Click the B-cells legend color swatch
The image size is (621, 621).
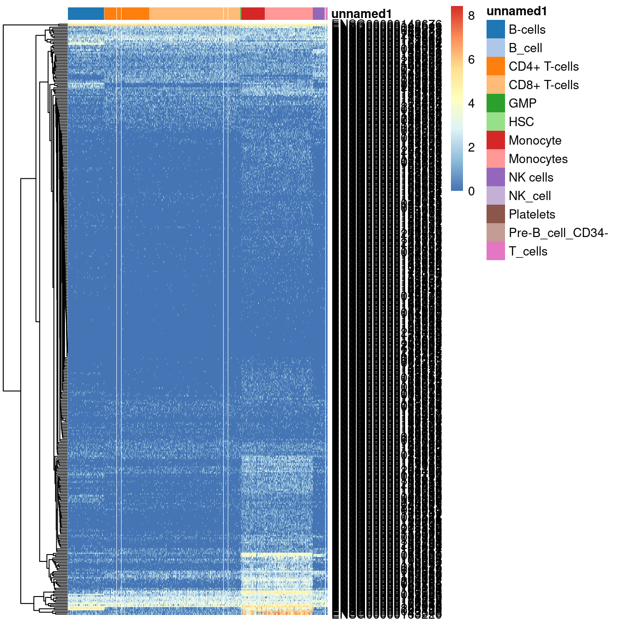495,29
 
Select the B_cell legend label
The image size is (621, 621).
525,48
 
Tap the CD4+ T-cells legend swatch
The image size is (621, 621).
495,66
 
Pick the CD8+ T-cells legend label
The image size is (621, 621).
543,85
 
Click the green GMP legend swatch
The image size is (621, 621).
495,103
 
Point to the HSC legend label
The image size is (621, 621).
521,122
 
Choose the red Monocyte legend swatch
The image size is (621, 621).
495,140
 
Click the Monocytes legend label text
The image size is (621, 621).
538,159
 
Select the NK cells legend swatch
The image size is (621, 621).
495,177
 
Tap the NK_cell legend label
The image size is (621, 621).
530,196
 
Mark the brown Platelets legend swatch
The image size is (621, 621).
495,214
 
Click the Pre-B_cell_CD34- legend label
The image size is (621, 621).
558,233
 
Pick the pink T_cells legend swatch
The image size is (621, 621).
495,251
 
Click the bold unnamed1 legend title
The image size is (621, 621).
517,12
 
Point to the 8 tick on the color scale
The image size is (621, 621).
471,16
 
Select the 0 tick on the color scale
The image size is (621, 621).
471,191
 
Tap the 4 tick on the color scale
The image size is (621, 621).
471,103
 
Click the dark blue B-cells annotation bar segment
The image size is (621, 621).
86,14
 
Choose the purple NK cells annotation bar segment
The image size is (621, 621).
318,14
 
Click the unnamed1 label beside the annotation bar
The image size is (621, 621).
361,14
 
